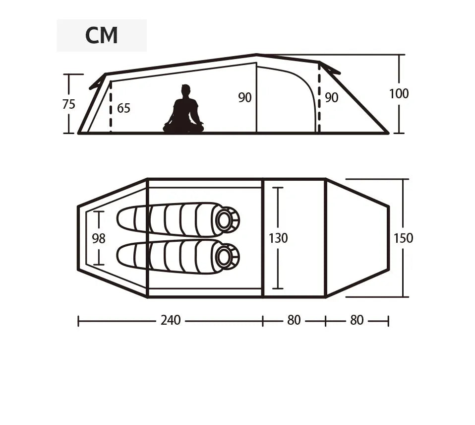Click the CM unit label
coord(102,35)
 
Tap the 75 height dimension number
coord(69,104)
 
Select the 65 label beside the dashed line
coord(123,108)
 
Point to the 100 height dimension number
coord(399,93)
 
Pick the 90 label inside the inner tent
coord(245,98)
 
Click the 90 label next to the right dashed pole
coord(331,98)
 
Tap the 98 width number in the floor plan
coord(99,239)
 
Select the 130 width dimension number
coord(278,238)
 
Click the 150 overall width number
coord(403,238)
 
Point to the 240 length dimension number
coord(171,320)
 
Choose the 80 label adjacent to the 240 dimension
coord(294,320)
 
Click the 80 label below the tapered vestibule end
coord(356,320)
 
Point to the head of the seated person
coord(185,90)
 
